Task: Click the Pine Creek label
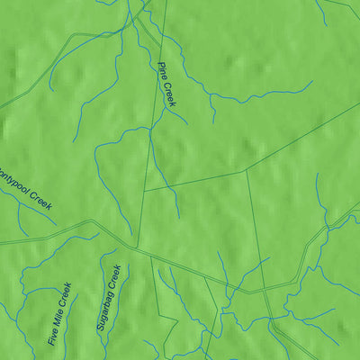pyautogui.click(x=166, y=85)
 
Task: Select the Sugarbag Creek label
pyautogui.click(x=108, y=298)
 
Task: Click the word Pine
pyautogui.click(x=162, y=70)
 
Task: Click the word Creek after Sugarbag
pyautogui.click(x=112, y=275)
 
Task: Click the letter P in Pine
pyautogui.click(x=160, y=65)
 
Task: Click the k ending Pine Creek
pyautogui.click(x=173, y=104)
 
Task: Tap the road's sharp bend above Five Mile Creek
pyautogui.click(x=91, y=220)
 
